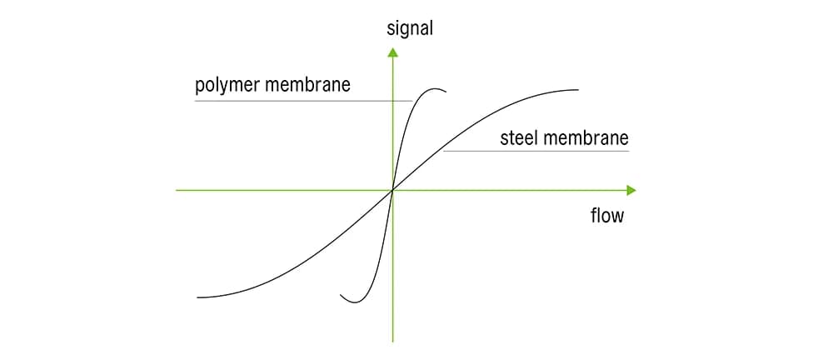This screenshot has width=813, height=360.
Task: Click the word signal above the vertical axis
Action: (x=410, y=28)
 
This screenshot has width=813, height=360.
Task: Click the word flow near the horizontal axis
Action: (x=606, y=216)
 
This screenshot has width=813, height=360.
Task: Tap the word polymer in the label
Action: (x=226, y=86)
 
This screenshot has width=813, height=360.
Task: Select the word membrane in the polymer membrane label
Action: (x=310, y=85)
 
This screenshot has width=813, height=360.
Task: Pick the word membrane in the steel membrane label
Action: (x=587, y=137)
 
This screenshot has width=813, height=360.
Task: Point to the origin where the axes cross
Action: (x=392, y=190)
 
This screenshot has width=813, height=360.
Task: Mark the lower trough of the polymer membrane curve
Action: (x=354, y=302)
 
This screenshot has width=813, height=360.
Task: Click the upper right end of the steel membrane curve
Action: (x=577, y=90)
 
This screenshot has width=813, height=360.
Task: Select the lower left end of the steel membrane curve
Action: (x=198, y=297)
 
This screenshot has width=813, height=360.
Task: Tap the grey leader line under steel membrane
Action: (x=541, y=151)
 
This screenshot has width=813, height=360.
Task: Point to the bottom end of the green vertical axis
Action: (x=392, y=341)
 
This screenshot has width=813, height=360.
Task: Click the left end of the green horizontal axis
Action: (x=177, y=190)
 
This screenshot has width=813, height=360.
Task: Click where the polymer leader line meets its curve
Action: (x=412, y=101)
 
